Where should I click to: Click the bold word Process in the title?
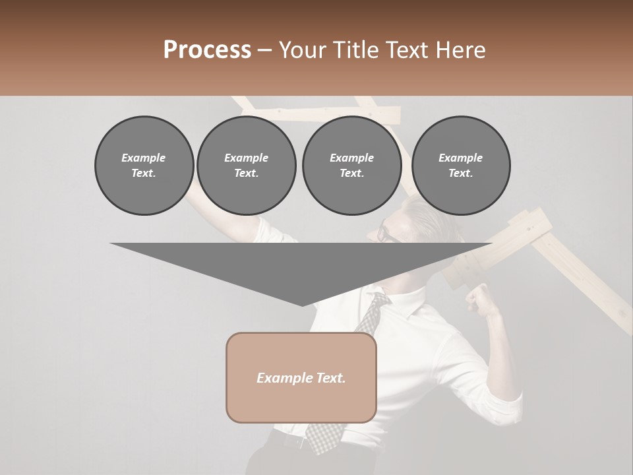pyautogui.click(x=207, y=50)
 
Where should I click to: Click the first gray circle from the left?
pyautogui.click(x=144, y=166)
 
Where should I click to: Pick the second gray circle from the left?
pyautogui.click(x=246, y=166)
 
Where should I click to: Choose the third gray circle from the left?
pyautogui.click(x=351, y=166)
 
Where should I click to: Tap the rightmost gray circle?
pyautogui.click(x=461, y=166)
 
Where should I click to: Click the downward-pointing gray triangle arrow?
pyautogui.click(x=301, y=270)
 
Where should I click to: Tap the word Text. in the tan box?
pyautogui.click(x=330, y=378)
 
